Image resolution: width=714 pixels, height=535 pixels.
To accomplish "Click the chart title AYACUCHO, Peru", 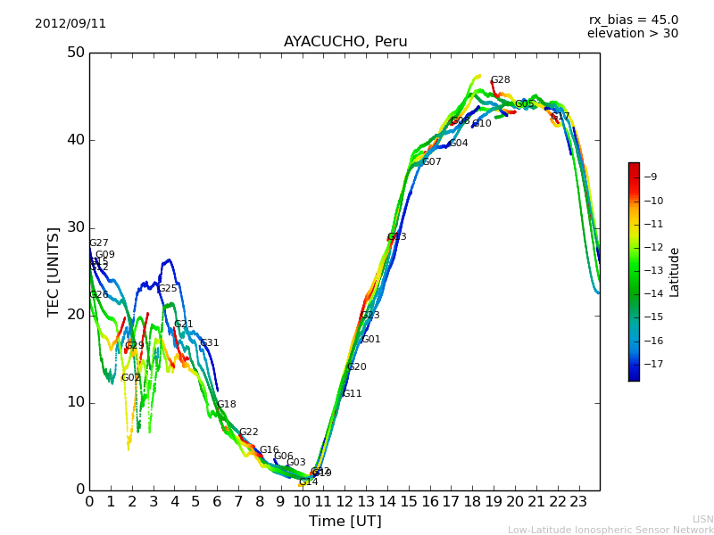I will (x=345, y=42).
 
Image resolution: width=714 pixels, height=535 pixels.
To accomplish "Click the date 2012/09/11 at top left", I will (x=71, y=24).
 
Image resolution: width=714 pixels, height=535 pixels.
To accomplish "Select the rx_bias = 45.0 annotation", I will (x=633, y=21).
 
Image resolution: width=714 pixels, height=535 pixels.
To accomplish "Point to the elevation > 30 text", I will (x=632, y=34).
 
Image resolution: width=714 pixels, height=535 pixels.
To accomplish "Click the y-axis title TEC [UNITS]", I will (x=54, y=271).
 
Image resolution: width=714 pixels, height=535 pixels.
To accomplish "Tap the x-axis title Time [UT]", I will (x=345, y=522).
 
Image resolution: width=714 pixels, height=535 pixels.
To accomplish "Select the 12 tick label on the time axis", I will (x=345, y=502).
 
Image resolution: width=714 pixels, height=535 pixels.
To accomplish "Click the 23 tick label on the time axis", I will (x=578, y=502).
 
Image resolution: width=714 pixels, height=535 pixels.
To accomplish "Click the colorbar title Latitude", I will (x=675, y=272).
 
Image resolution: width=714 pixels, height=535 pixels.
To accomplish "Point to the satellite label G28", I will (x=501, y=80).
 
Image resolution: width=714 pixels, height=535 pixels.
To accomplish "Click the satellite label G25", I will (x=168, y=289).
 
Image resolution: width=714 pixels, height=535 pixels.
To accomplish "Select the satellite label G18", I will (x=227, y=405).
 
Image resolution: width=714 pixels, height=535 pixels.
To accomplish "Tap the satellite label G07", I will (x=432, y=162).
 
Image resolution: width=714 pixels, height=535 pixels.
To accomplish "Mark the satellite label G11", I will (x=353, y=394).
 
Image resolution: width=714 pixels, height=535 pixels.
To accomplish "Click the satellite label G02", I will (x=131, y=378).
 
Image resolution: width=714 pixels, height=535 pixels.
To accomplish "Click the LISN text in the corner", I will (x=702, y=519).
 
